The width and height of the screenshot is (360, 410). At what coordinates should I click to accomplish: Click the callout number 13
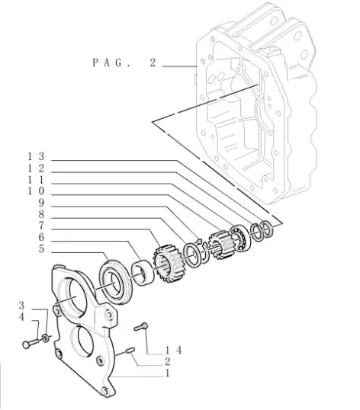(36, 157)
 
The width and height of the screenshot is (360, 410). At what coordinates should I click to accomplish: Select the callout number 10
(36, 191)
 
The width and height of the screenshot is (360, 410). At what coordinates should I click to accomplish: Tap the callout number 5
(41, 248)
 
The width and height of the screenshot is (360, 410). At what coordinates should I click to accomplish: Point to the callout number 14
(173, 350)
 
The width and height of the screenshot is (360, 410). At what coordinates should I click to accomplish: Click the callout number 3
(21, 305)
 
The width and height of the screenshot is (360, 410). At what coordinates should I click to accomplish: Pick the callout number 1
(168, 373)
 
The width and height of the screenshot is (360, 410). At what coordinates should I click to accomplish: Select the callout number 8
(41, 214)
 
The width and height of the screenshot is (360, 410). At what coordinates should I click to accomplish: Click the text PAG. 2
(124, 62)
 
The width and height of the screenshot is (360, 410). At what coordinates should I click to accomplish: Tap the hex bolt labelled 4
(31, 344)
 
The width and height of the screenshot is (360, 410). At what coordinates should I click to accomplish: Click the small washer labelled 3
(45, 338)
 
